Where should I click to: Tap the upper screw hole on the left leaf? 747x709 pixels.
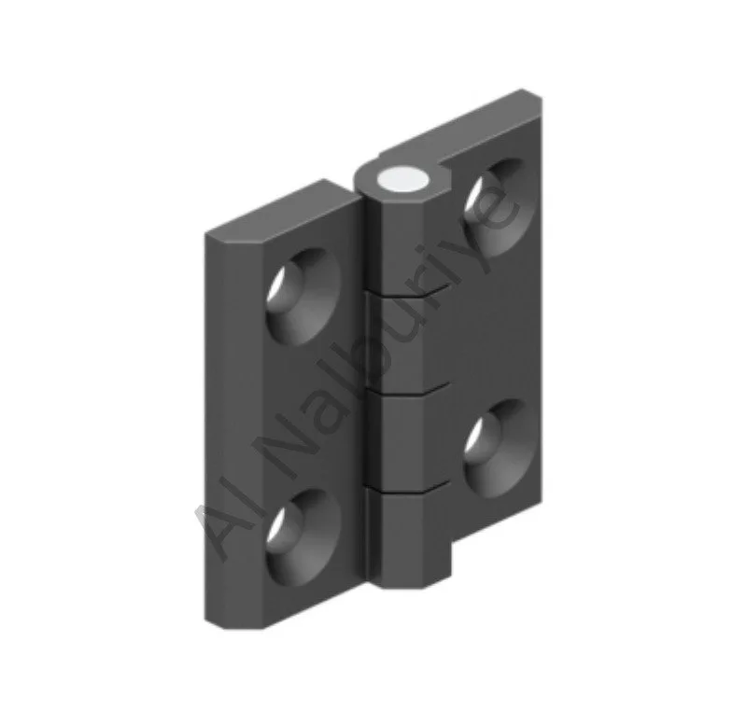tap(304, 297)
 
